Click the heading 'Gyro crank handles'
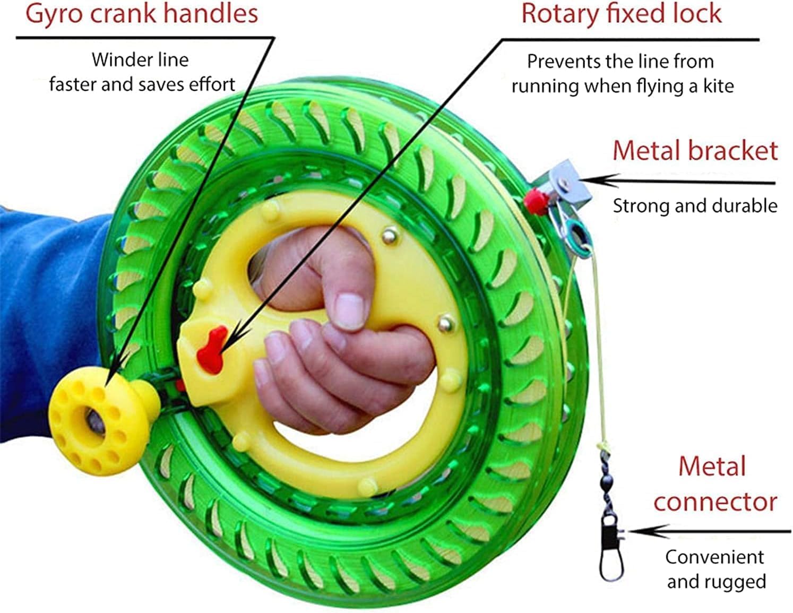[x=142, y=14]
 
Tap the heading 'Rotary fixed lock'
[x=621, y=14]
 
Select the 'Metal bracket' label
[x=695, y=151]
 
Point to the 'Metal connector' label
[x=714, y=484]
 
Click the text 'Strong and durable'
[x=695, y=206]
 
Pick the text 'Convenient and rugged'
[x=716, y=569]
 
